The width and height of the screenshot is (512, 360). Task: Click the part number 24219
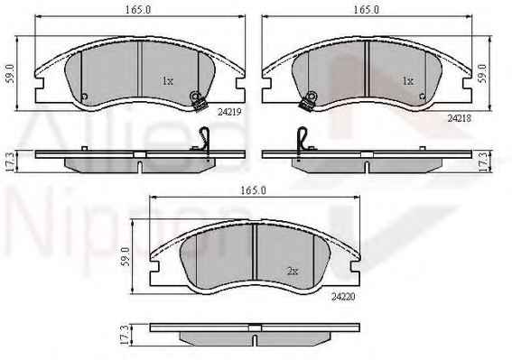[x=229, y=112]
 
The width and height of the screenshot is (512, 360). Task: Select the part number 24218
[x=459, y=118]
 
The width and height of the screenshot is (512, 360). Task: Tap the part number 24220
[x=343, y=297]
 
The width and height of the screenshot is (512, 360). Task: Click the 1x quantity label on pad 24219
[x=168, y=81]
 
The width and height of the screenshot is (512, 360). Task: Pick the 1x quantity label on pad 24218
[x=408, y=80]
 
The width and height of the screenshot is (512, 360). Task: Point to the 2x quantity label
[x=293, y=271]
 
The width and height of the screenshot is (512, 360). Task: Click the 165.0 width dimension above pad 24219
[x=138, y=10]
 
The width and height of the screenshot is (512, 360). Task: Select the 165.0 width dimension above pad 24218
[x=367, y=10]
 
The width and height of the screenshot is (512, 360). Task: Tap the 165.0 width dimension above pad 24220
[x=254, y=190]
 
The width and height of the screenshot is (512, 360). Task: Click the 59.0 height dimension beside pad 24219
[x=11, y=73]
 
